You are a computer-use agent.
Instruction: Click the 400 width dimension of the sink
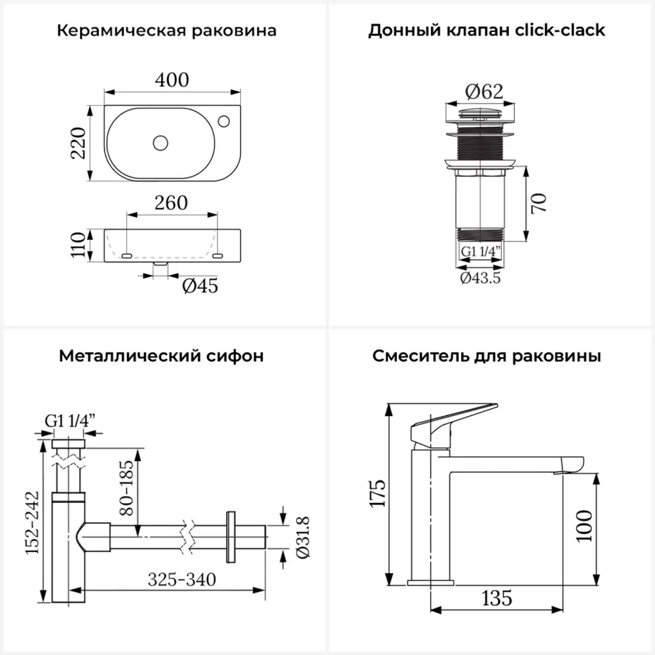tap(172, 79)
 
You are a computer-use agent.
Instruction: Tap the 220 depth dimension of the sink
tap(79, 143)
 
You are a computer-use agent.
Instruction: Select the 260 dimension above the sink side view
tap(171, 202)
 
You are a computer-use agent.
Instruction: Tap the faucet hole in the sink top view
tap(223, 121)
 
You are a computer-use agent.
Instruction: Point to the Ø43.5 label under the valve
tap(480, 278)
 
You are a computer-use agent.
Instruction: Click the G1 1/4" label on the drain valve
tap(480, 252)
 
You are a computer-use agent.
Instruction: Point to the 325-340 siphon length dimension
tap(181, 579)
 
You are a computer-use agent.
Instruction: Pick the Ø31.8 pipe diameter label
tap(303, 537)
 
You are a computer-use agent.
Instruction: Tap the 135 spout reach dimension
tap(496, 597)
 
